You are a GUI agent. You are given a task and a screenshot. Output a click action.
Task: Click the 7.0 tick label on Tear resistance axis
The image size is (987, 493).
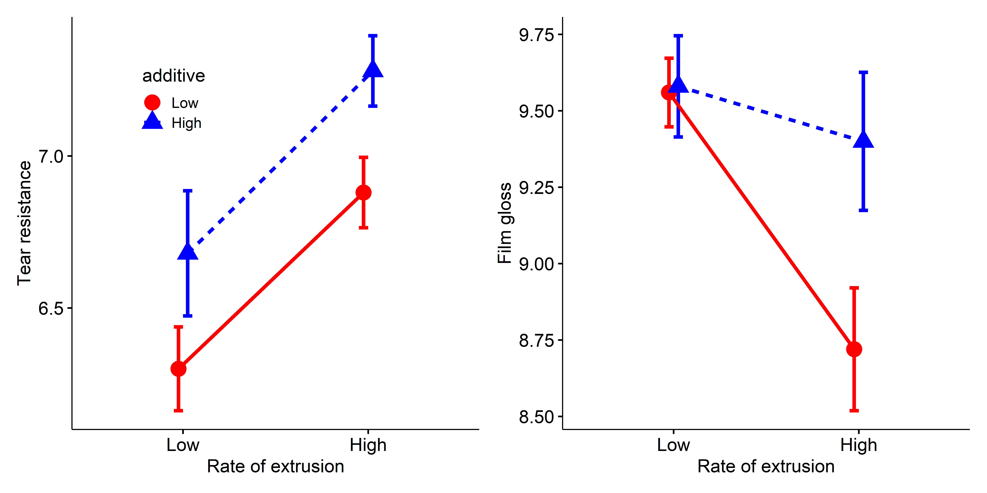[51, 157]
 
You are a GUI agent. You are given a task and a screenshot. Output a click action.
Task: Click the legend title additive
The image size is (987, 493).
[174, 76]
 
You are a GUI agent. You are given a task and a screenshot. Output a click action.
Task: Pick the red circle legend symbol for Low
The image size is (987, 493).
[152, 103]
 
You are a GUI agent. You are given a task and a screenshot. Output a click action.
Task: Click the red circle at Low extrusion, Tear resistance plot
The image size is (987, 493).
[178, 369]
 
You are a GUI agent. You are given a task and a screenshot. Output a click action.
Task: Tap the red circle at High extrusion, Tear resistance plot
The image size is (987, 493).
[363, 193]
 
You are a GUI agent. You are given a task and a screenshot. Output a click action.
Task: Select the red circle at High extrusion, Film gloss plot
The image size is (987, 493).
[854, 349]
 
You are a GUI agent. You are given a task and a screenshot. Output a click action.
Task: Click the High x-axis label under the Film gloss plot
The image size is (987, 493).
[859, 445]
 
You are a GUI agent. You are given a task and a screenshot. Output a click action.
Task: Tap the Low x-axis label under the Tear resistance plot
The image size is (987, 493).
[183, 445]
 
